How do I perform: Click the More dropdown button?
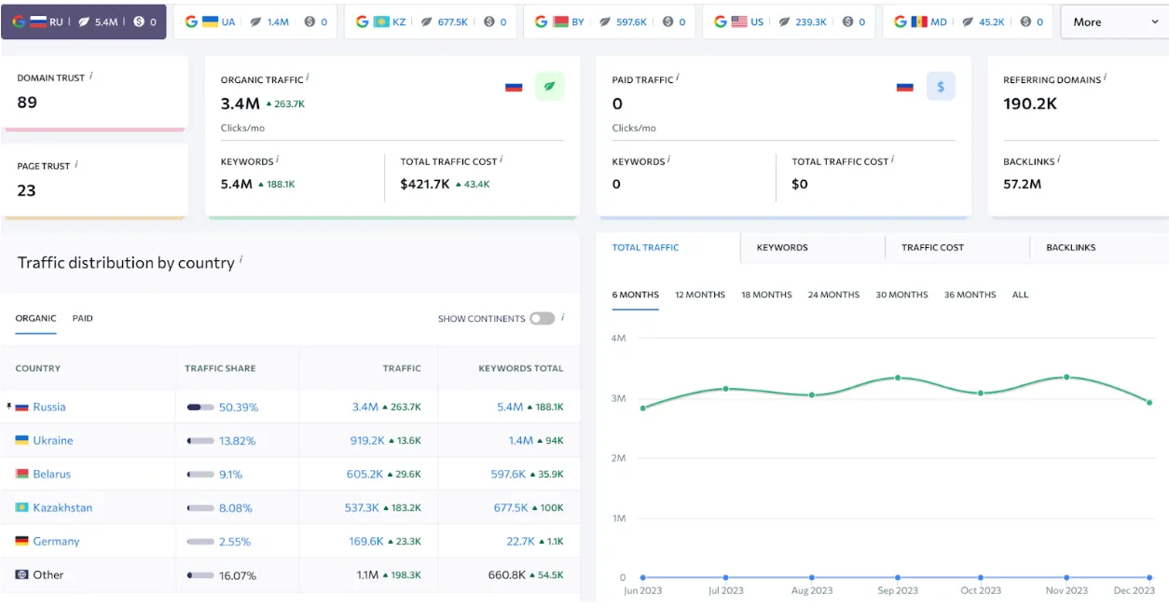[1113, 22]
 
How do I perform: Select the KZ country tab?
[431, 22]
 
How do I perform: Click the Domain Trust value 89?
[27, 103]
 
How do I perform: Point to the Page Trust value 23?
[26, 190]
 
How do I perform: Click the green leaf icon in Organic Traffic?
[549, 87]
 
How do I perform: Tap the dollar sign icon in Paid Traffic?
[941, 87]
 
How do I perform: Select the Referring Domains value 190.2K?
[1030, 104]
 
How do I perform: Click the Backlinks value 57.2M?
[1022, 184]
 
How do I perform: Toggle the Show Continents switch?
[542, 318]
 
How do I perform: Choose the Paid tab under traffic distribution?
[83, 318]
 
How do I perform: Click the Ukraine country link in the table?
[52, 440]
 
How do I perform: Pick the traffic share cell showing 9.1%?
[230, 474]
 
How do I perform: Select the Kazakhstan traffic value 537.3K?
[362, 507]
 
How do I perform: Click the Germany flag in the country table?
[21, 541]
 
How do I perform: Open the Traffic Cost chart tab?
[932, 247]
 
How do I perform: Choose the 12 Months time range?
[699, 295]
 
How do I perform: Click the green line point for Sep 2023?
[898, 378]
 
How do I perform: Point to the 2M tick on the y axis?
[617, 458]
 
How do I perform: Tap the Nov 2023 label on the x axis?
[1066, 590]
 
